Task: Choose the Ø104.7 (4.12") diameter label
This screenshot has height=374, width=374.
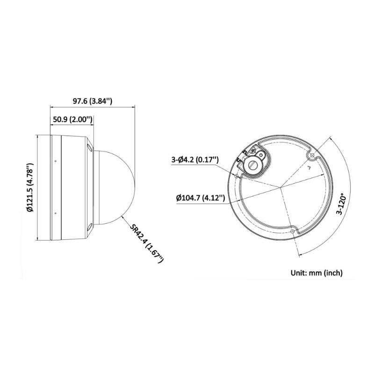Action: tap(201, 198)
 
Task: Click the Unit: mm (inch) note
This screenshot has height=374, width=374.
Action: tap(316, 273)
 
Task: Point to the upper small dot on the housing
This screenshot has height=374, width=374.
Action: tap(56, 161)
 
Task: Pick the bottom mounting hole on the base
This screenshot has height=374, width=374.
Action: tap(293, 230)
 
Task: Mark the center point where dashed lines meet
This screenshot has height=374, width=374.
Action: tap(281, 188)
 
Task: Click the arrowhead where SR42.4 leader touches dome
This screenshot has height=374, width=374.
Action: tap(122, 216)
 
